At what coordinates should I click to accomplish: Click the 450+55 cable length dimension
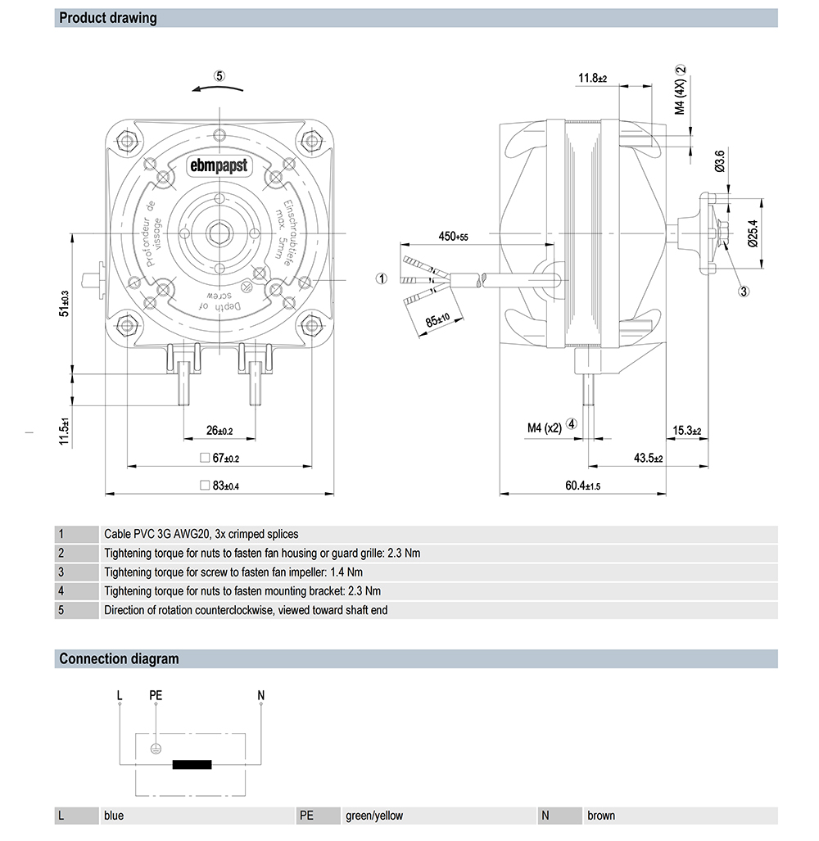coord(453,237)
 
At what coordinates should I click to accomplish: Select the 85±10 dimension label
coord(439,318)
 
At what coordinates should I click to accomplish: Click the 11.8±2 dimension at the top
coord(592,79)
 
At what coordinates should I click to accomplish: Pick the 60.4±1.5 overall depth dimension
coord(582,486)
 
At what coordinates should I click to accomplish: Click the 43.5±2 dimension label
coord(647,459)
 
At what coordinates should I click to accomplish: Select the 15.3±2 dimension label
coord(687,430)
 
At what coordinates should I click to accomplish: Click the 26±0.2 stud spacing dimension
coord(219,431)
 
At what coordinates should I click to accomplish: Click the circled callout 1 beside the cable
coord(381,278)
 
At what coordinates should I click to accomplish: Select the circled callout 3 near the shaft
coord(744,291)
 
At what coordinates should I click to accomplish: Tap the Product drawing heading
coord(108,18)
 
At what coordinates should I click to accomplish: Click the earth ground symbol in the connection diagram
coord(156,748)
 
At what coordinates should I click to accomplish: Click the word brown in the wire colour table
coord(601,816)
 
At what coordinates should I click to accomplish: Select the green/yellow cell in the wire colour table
coord(374,816)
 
